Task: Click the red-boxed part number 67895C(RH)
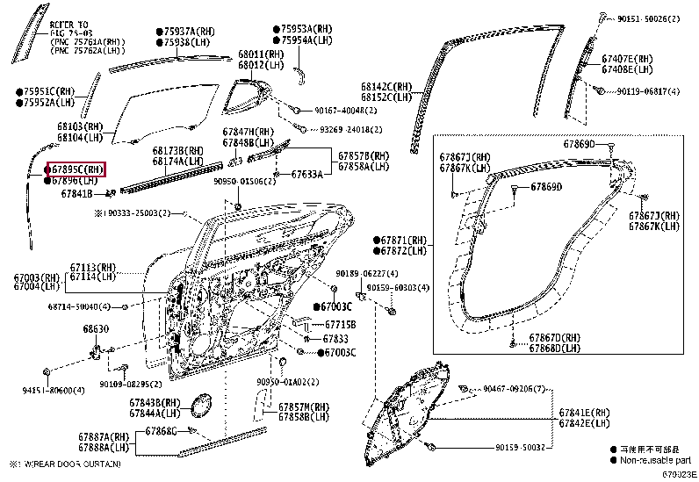coord(77,169)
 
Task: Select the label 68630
coord(96,329)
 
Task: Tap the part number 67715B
coord(339,324)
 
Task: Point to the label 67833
coord(335,338)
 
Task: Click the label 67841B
coord(76,193)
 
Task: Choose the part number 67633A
coord(306,175)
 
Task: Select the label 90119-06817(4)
coord(648,90)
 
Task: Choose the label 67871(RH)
coord(405,240)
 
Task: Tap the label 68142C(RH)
coord(386,87)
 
